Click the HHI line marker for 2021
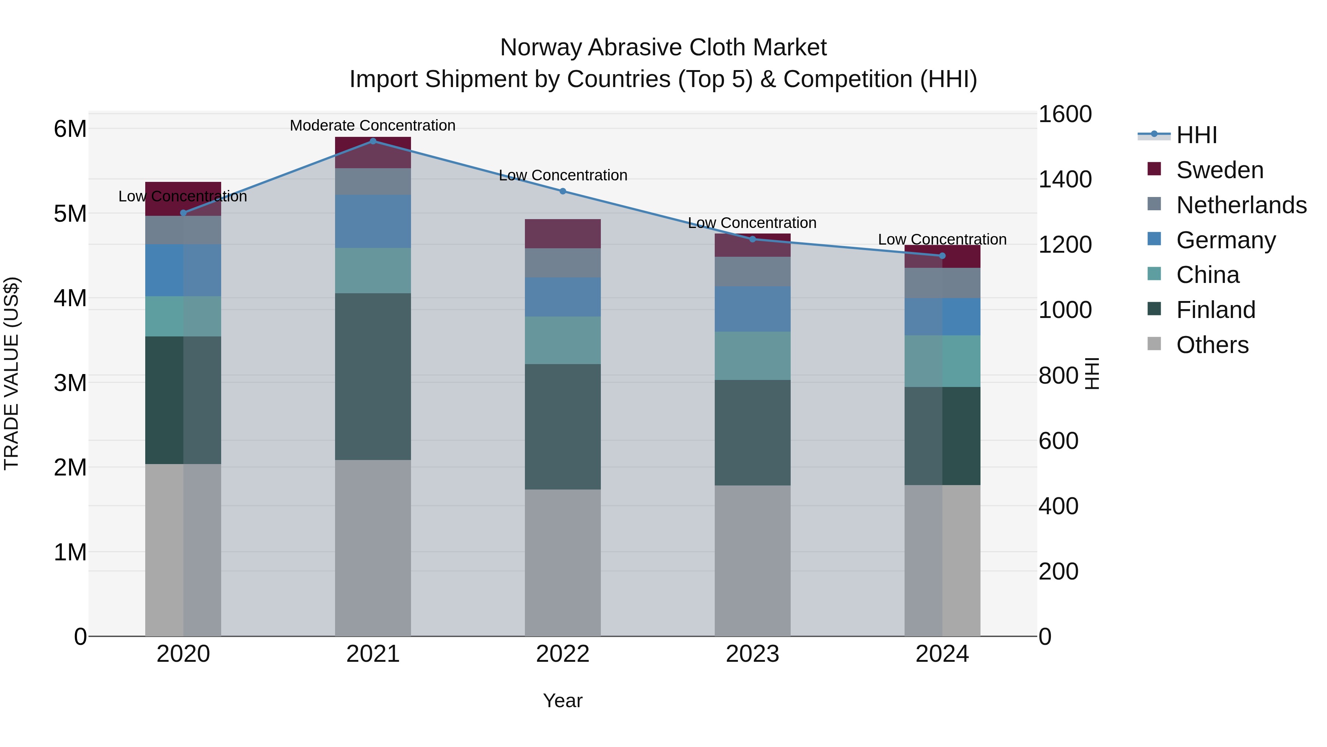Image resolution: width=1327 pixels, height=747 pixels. (x=373, y=141)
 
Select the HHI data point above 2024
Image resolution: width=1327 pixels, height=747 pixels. (x=942, y=256)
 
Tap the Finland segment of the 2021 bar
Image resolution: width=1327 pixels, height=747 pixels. (x=373, y=376)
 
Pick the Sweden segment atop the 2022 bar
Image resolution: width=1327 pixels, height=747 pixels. (x=563, y=234)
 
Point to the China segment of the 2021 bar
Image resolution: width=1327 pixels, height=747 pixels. (x=373, y=271)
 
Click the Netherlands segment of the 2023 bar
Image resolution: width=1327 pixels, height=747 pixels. (x=752, y=272)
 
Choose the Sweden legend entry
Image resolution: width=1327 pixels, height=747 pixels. (x=1219, y=170)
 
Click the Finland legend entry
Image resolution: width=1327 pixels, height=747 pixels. (x=1216, y=310)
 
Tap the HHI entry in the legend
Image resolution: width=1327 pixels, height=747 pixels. (x=1197, y=135)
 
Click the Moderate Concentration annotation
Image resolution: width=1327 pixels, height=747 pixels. (x=372, y=125)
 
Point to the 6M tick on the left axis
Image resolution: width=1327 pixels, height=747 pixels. (x=70, y=129)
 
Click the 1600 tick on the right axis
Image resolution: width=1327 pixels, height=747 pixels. (x=1064, y=114)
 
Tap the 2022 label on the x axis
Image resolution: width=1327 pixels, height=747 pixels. (x=563, y=654)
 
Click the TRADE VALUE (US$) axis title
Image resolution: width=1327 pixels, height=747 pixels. (x=11, y=373)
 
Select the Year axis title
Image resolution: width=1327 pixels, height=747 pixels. (x=563, y=701)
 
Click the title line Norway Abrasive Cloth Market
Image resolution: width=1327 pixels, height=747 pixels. (x=663, y=48)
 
